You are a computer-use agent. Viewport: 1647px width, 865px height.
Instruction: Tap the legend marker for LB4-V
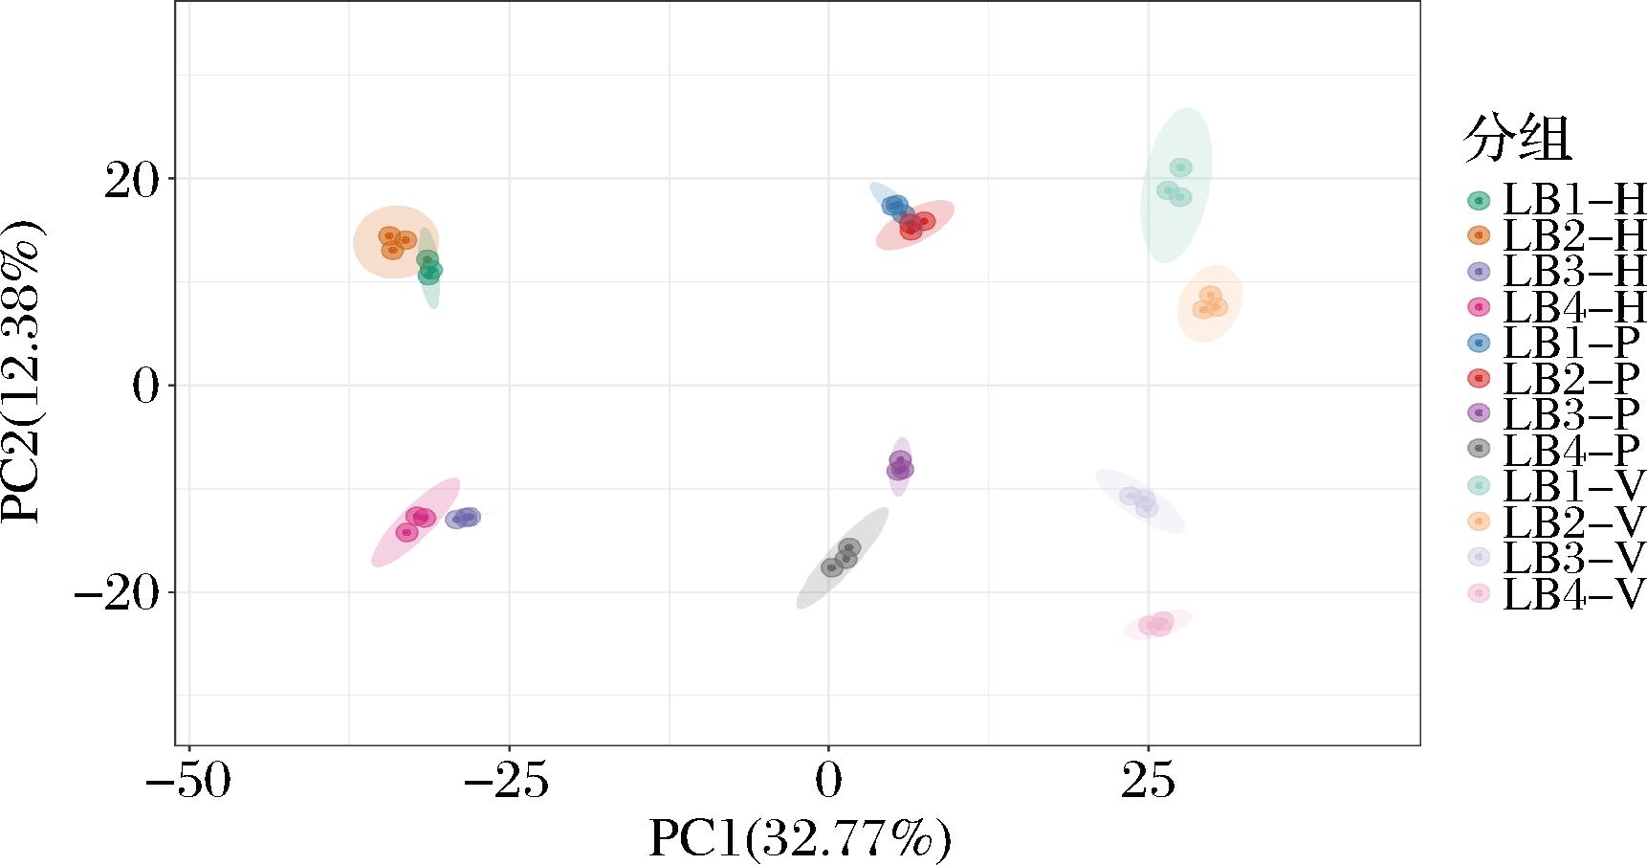click(x=1479, y=594)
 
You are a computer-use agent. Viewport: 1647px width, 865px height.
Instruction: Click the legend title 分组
click(x=1517, y=140)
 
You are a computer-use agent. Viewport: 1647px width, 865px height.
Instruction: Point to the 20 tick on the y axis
click(x=134, y=179)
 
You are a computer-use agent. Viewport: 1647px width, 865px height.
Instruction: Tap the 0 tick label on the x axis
click(x=828, y=782)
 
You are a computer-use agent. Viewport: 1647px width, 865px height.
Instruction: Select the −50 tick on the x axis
click(x=188, y=782)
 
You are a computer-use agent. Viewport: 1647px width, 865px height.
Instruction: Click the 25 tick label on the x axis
click(x=1148, y=782)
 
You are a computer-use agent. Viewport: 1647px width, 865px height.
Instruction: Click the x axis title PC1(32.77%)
click(x=800, y=839)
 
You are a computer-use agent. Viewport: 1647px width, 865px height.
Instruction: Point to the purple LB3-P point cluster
click(x=900, y=466)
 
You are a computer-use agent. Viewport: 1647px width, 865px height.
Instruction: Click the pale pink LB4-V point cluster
click(x=1157, y=624)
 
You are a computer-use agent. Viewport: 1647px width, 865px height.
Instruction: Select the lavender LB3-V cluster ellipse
click(x=1140, y=499)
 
